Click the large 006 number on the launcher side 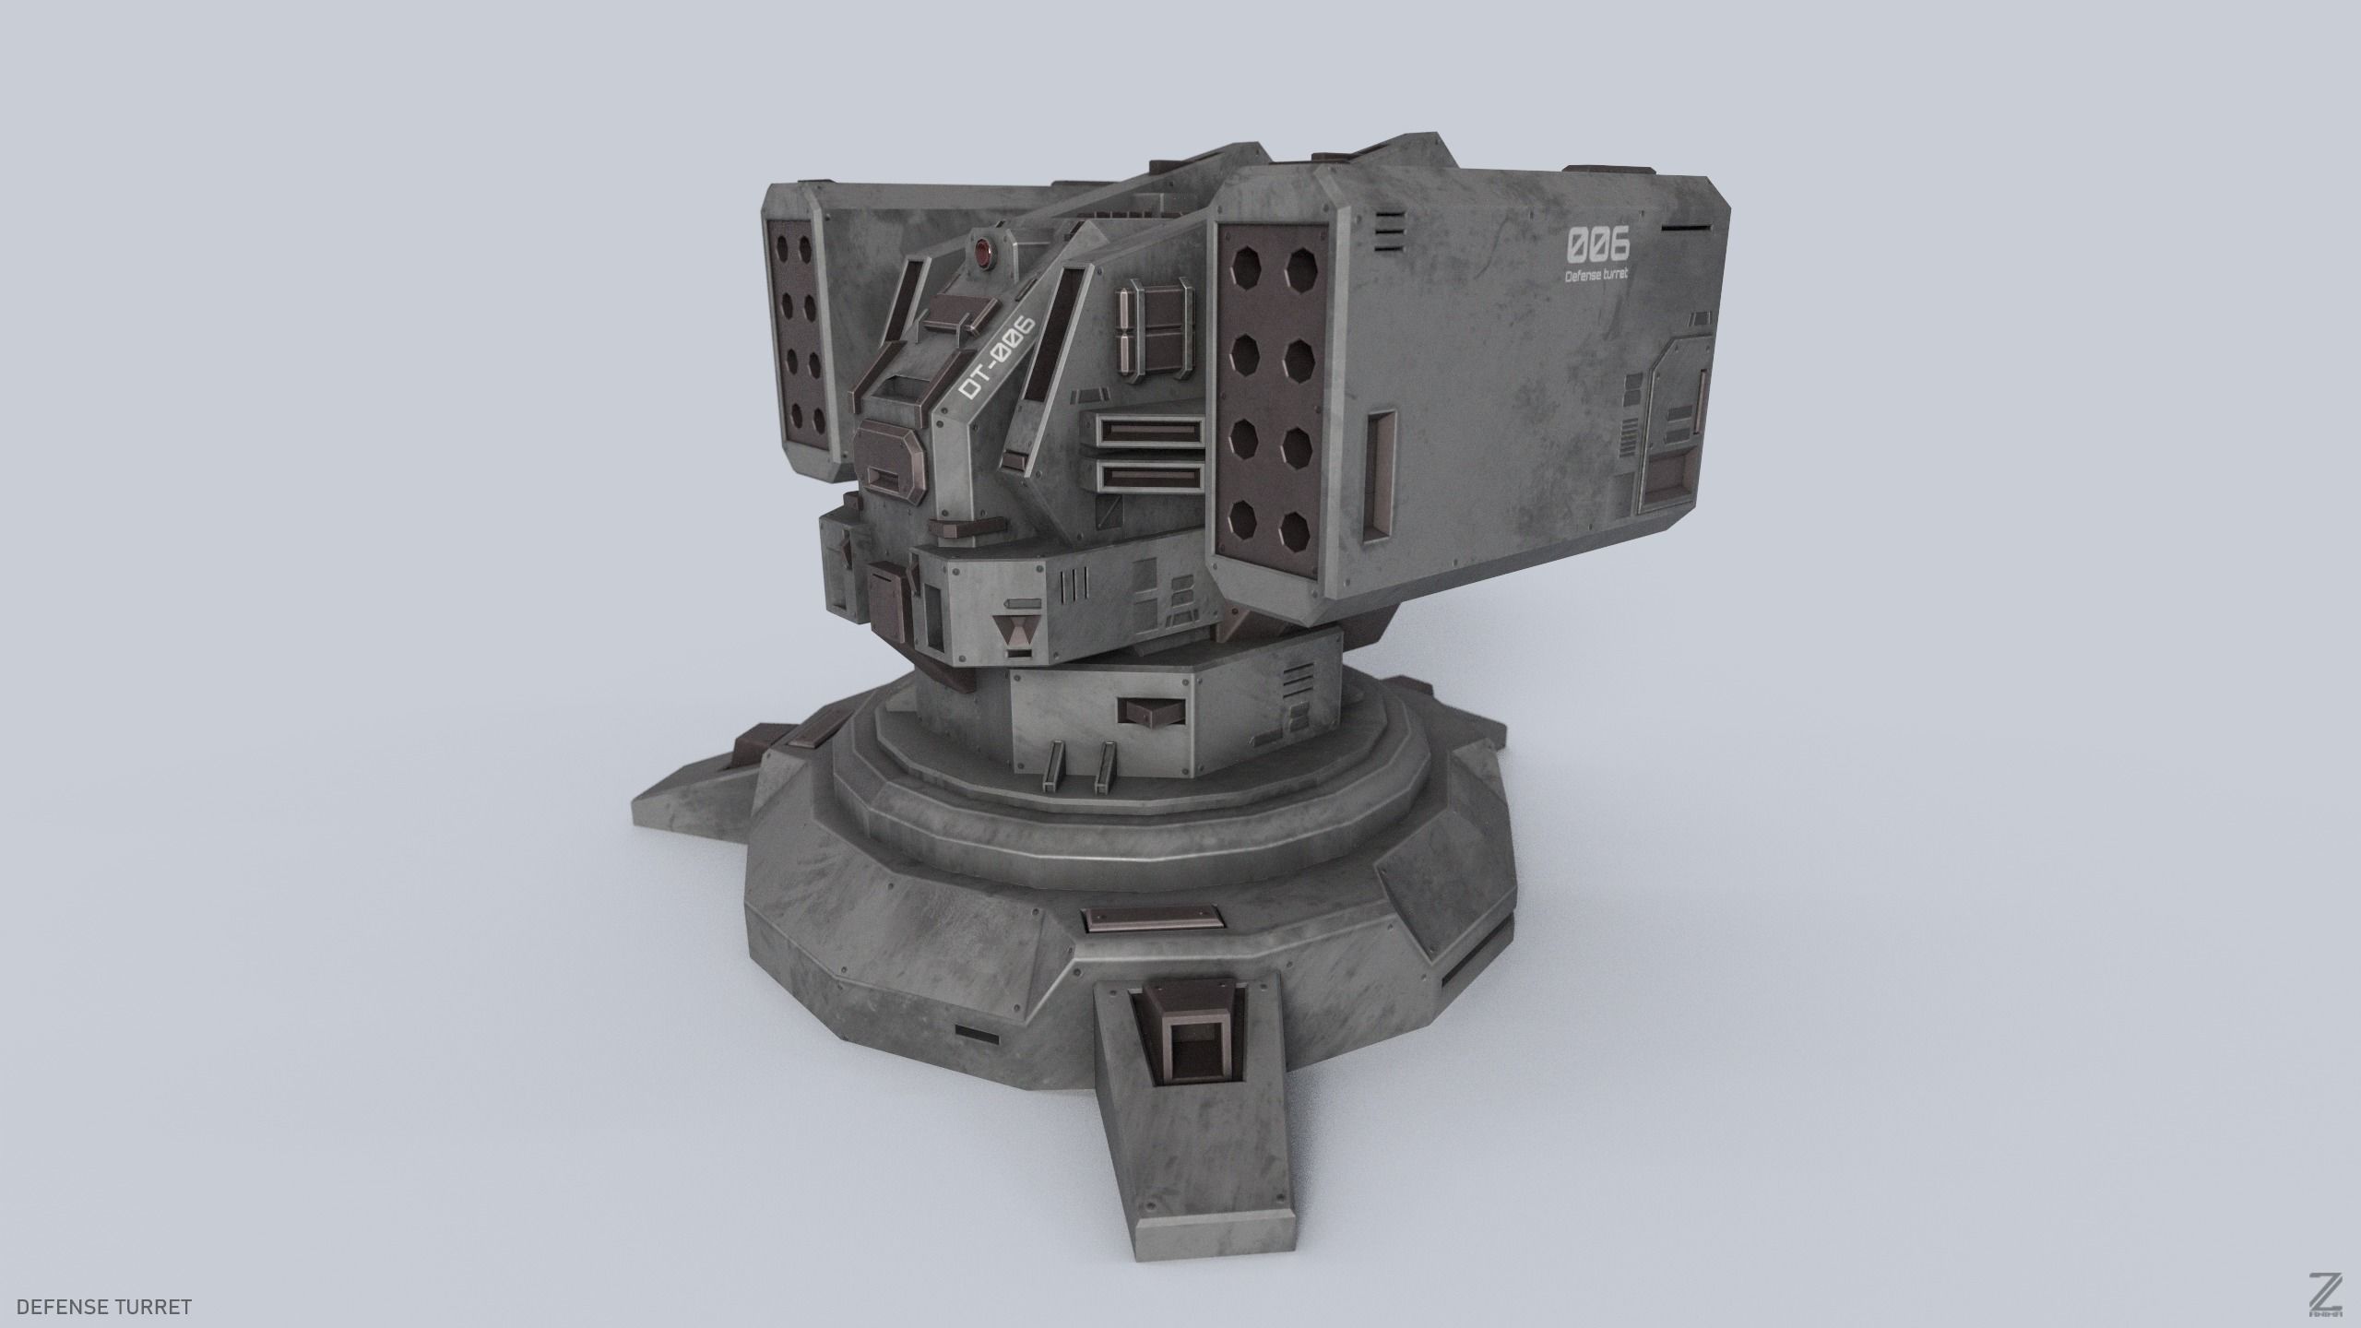point(1597,245)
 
